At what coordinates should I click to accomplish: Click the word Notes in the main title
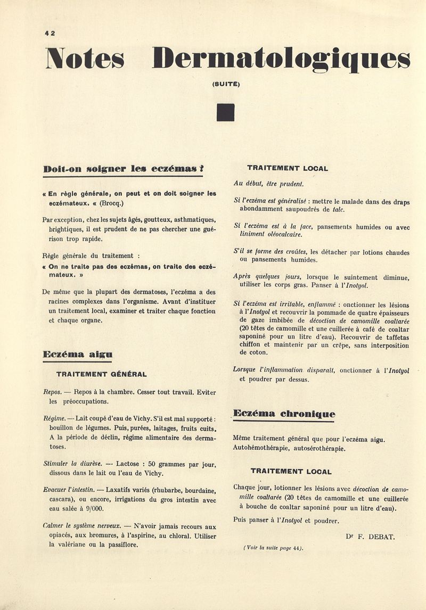tap(85, 59)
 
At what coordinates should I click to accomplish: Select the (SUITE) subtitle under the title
tap(226, 84)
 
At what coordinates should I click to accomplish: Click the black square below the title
tap(226, 112)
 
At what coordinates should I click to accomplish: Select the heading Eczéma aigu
tap(77, 353)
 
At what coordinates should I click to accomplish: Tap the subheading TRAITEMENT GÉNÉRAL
tap(101, 374)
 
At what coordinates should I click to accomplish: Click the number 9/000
tap(91, 508)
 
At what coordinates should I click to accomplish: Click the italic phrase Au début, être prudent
tap(268, 184)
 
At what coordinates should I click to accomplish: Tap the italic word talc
tap(339, 209)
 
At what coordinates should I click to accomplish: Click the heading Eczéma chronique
tap(285, 414)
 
